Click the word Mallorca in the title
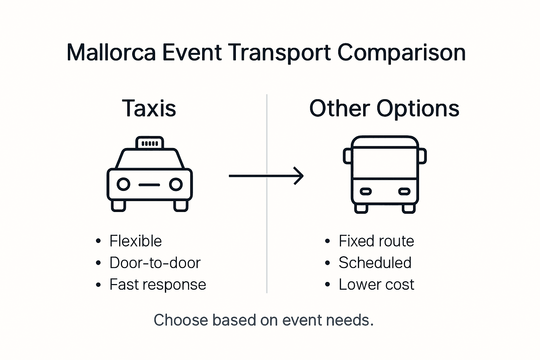click(111, 53)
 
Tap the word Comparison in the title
click(401, 53)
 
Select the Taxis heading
click(149, 108)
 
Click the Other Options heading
click(384, 108)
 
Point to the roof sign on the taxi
click(150, 143)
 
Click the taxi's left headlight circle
click(123, 184)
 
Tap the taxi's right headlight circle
click(176, 184)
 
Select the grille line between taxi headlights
click(149, 185)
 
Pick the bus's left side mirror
click(347, 156)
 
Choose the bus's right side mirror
click(422, 156)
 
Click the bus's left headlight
click(366, 192)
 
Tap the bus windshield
click(385, 162)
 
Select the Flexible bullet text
click(135, 241)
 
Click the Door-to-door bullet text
click(155, 263)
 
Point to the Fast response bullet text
click(157, 284)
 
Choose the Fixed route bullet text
click(376, 241)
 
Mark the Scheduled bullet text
click(375, 263)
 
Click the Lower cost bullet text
click(376, 284)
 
